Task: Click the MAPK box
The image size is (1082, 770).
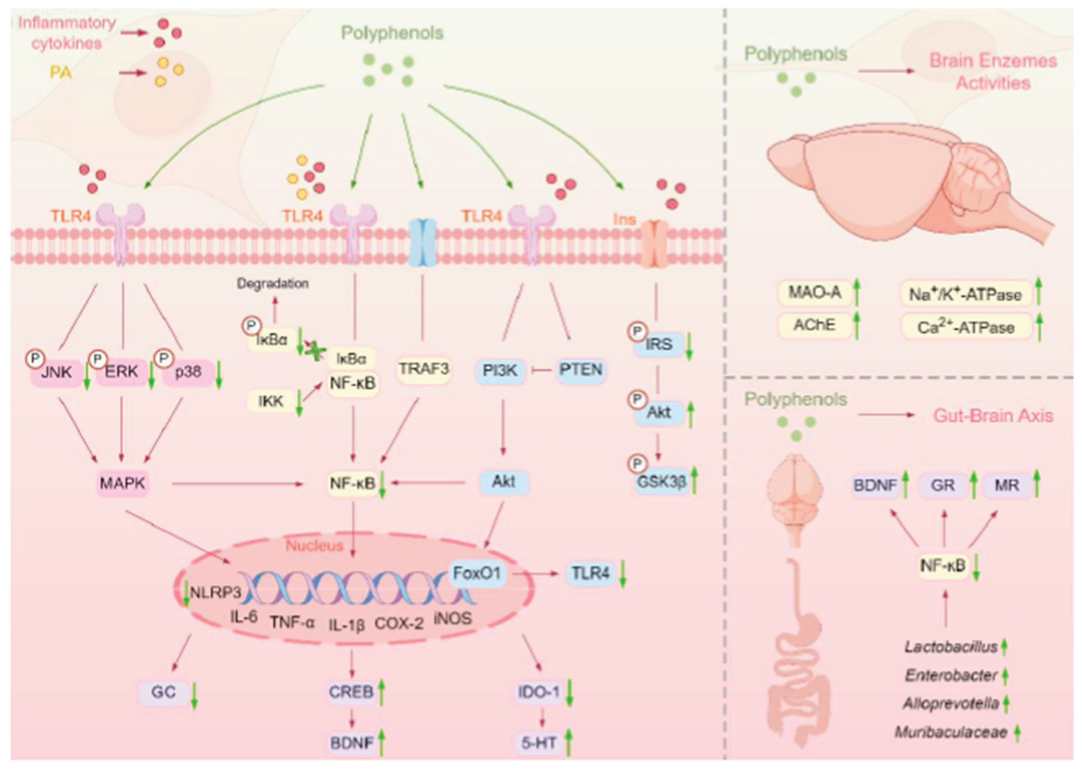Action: pyautogui.click(x=122, y=483)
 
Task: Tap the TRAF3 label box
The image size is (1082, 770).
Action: pyautogui.click(x=423, y=369)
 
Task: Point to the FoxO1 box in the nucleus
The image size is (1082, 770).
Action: pyautogui.click(x=477, y=573)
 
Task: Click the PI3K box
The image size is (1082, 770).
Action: pyautogui.click(x=500, y=370)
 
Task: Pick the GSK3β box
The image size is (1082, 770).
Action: pyautogui.click(x=662, y=482)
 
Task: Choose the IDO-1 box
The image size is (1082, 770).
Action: pyautogui.click(x=539, y=692)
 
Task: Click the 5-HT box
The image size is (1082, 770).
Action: pyautogui.click(x=539, y=743)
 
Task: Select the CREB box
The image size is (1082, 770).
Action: pyautogui.click(x=351, y=692)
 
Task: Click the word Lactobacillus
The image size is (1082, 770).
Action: pyautogui.click(x=951, y=647)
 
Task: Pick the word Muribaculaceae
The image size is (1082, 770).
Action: pyautogui.click(x=951, y=732)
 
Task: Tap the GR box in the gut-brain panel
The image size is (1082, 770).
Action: pyautogui.click(x=943, y=485)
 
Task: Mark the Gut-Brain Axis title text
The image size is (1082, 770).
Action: pyautogui.click(x=993, y=416)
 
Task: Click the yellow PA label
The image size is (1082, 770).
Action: pyautogui.click(x=61, y=72)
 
